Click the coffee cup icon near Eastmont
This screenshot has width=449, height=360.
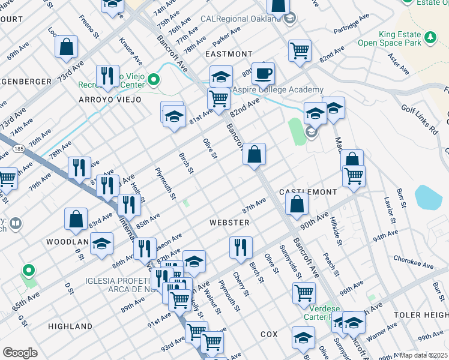(x=263, y=74)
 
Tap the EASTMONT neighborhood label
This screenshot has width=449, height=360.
(x=229, y=54)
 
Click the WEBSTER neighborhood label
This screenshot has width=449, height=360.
(x=229, y=222)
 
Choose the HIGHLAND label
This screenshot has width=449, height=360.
(x=70, y=326)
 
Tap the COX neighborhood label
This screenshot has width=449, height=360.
(x=268, y=333)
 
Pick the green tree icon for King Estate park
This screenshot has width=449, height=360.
(x=430, y=38)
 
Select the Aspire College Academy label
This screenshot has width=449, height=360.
(x=277, y=89)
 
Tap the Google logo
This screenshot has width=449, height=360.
(x=20, y=353)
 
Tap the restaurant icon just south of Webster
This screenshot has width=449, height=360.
(x=240, y=247)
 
